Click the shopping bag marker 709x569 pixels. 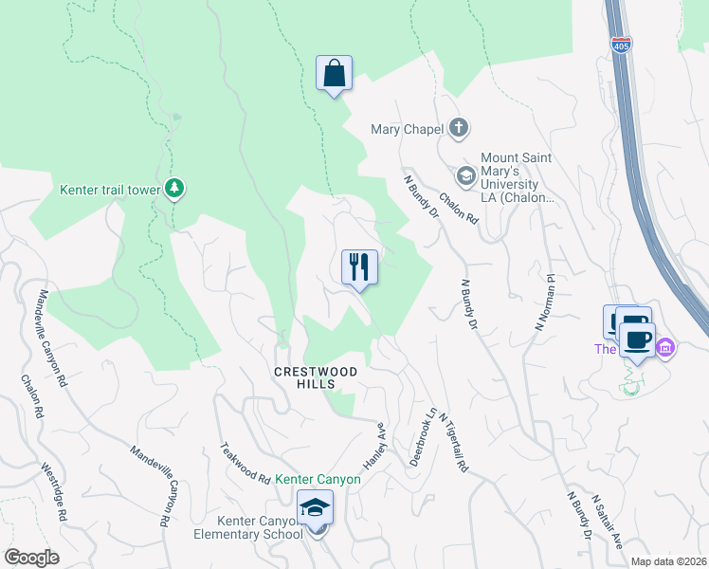334,74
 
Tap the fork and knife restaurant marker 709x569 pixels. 359,267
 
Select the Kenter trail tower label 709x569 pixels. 111,190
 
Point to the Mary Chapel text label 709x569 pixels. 408,129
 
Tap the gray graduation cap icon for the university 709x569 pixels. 465,175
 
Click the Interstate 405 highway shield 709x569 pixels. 621,45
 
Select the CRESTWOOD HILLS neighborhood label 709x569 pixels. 316,377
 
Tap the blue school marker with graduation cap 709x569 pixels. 316,510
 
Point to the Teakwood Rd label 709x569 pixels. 245,464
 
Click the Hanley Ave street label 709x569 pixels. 375,445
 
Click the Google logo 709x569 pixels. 31,558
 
